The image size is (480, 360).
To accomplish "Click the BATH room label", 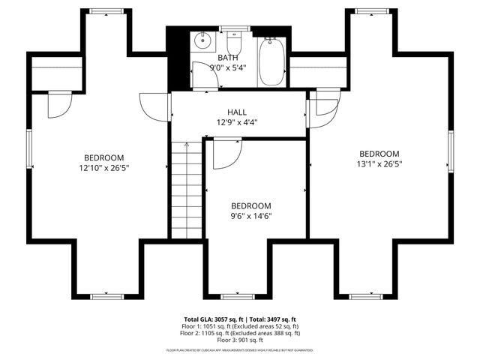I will coord(229,58).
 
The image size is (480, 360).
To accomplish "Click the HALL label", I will coord(238,112).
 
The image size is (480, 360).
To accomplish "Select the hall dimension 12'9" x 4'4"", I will coord(238,122).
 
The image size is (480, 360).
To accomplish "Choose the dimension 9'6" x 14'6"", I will coord(250,216).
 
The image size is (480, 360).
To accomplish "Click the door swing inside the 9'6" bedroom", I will coord(224,154).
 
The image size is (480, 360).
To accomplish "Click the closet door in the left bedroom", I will coord(58,104).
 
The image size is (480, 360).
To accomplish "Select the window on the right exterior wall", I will coord(451,150).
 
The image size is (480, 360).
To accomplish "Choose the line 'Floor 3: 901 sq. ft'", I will coord(240,340).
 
